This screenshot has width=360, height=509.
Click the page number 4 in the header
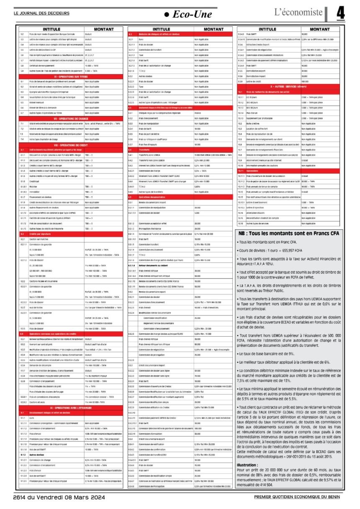coord(341,14)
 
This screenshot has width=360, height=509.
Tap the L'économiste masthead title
coord(298,13)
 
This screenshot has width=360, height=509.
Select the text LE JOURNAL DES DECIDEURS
coord(42,13)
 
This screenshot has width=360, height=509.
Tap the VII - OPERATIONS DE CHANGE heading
coord(52,118)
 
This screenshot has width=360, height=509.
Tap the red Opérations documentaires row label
coord(145,196)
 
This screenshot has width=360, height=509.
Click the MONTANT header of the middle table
coord(213,29)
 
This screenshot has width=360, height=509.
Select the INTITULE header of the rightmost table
coord(267,29)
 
